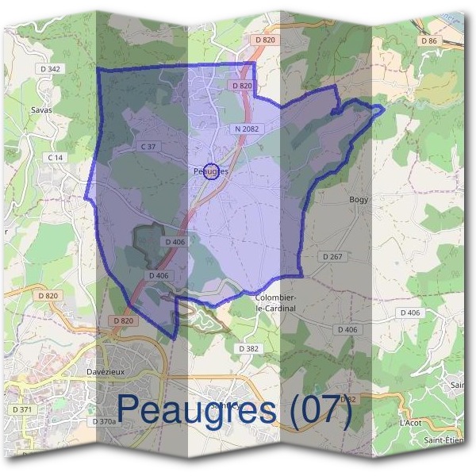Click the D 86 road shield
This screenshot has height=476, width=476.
pos(430,40)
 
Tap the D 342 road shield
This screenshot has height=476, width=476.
pos(49,69)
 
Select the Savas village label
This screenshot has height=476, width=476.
pos(40,110)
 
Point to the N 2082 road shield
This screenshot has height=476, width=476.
pos(247,128)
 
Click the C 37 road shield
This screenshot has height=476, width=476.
pos(148,147)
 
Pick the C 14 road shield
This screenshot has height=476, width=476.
pos(55,158)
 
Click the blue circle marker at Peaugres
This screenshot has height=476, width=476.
pos(211,171)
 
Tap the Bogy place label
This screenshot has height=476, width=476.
pos(359,200)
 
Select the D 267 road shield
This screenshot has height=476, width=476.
pos(332,257)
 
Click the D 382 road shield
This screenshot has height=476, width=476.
pos(248,347)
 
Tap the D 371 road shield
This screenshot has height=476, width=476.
pos(22,409)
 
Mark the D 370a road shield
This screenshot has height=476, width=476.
pos(104,421)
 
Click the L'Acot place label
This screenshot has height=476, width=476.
pos(410,423)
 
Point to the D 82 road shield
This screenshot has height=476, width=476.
pos(347,397)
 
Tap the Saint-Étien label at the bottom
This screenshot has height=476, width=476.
pos(443,441)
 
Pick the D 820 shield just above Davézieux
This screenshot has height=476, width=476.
pos(122,321)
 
